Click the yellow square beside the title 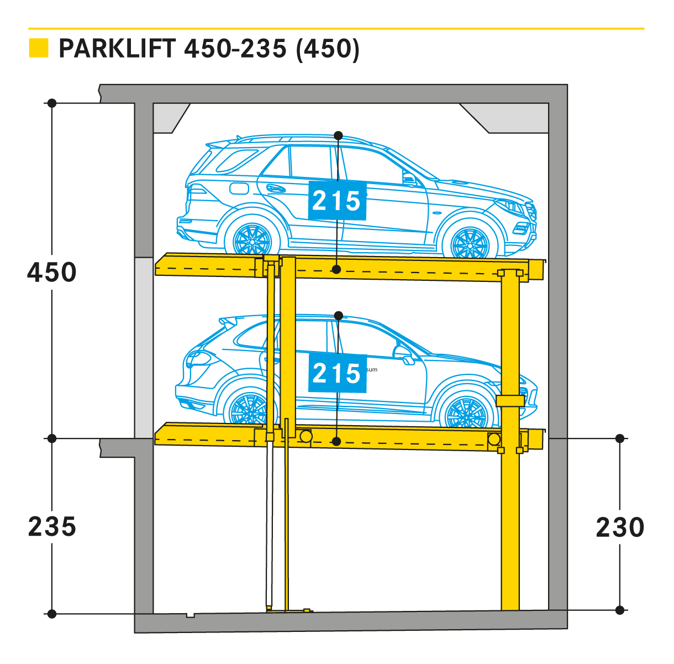click(39, 48)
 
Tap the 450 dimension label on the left click(52, 273)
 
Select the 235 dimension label click(52, 526)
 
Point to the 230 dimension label click(620, 527)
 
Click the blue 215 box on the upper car click(337, 200)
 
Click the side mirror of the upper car click(409, 179)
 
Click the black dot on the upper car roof click(338, 135)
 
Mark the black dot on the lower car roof click(338, 316)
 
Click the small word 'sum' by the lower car click(372, 369)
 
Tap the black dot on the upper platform click(336, 269)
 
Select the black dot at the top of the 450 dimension click(52, 103)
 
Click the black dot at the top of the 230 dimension click(620, 438)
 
